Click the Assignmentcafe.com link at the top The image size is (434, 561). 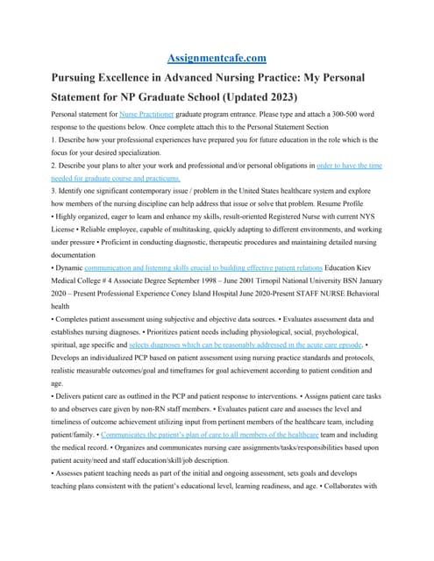pyautogui.click(x=216, y=58)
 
